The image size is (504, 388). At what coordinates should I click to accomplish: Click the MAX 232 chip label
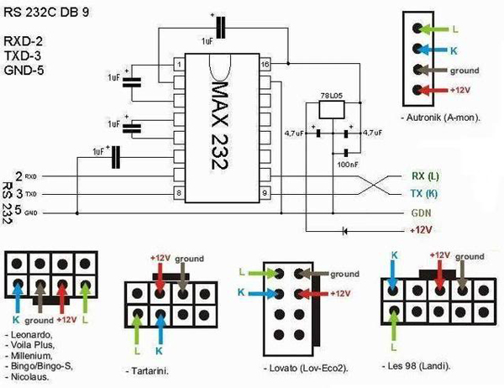click(x=220, y=126)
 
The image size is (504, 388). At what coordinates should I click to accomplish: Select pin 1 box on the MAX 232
click(x=179, y=65)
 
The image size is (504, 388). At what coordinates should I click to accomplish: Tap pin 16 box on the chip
click(x=265, y=65)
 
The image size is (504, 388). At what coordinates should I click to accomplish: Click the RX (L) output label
click(x=425, y=176)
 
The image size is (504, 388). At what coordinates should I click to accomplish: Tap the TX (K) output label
click(x=425, y=194)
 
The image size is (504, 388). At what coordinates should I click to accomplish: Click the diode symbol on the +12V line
click(x=345, y=229)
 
